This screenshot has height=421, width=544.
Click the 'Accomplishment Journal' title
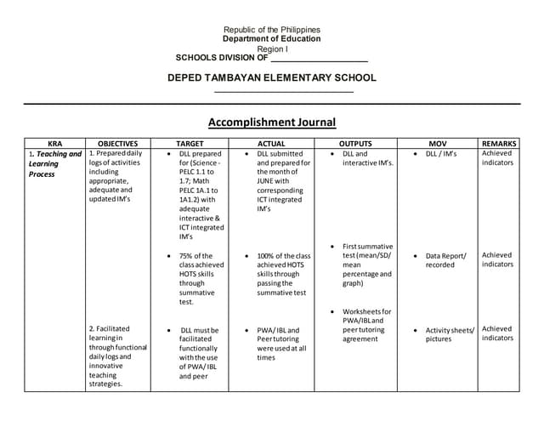point(271,122)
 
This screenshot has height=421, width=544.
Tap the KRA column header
point(55,144)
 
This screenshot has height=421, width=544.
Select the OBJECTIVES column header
point(118,144)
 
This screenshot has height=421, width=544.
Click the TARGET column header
point(189,144)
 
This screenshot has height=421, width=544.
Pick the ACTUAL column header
point(270,144)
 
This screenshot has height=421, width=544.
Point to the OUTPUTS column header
point(355,144)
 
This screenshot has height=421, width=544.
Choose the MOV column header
point(437,144)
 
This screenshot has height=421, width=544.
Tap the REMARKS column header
point(499,144)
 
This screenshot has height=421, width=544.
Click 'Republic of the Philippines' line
point(271,30)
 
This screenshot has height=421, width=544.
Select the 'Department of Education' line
point(271,39)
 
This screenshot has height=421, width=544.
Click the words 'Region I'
point(272,49)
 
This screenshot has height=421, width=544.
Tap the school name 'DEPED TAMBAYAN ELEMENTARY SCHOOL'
point(272,78)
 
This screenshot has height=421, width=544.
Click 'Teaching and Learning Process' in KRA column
point(54,164)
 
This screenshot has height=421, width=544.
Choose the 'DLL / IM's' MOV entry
point(441,154)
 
